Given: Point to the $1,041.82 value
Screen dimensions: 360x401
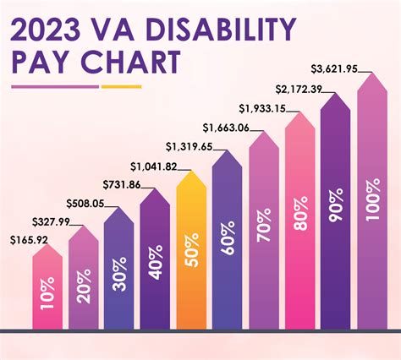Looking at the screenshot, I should click(153, 166).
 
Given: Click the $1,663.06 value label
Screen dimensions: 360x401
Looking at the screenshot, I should click(226, 128).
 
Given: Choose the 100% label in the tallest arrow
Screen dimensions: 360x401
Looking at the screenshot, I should click(373, 200).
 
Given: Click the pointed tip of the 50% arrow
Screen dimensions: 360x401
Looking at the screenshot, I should click(191, 172).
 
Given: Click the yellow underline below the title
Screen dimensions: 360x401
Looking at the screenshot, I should click(124, 86).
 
